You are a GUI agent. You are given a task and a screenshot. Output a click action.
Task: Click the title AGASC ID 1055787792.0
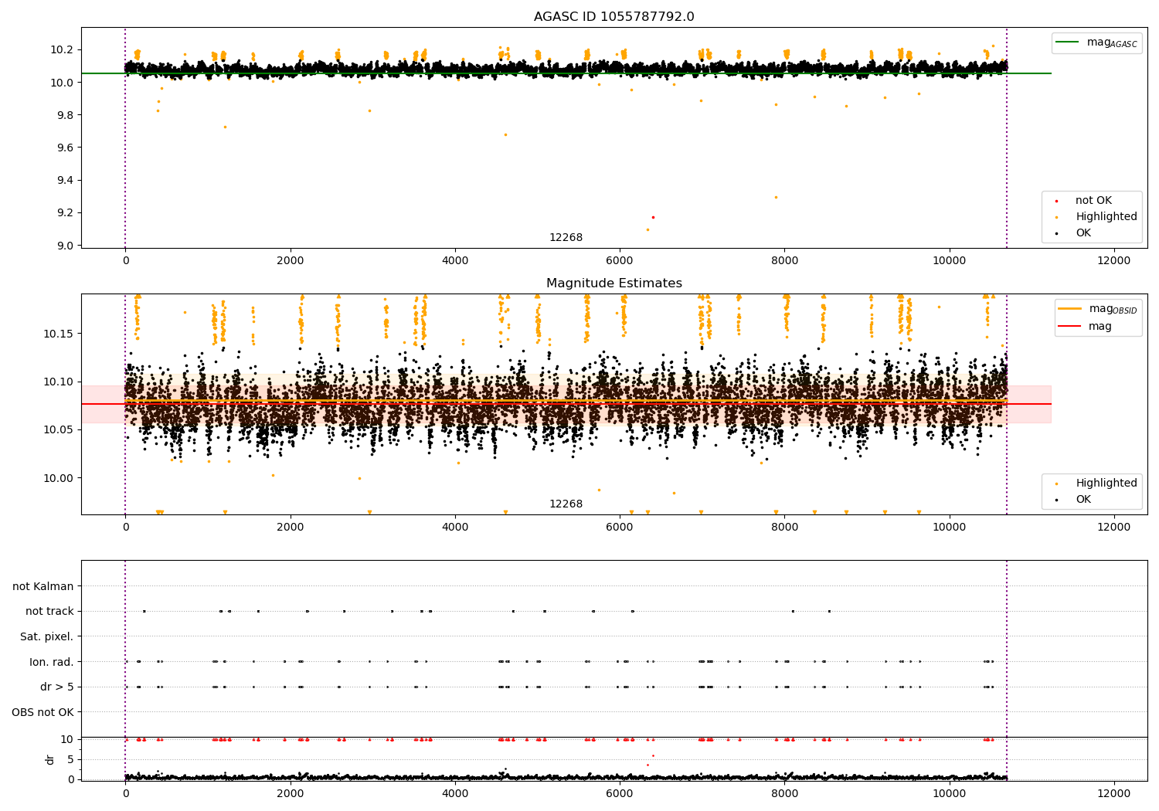tap(613, 17)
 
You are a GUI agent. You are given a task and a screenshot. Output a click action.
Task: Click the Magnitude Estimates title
tap(613, 283)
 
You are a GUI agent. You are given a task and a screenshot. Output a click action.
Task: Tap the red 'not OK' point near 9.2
tap(653, 217)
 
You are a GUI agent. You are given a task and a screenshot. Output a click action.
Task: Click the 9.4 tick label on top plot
tap(61, 180)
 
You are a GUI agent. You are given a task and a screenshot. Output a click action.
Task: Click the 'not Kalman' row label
tap(42, 586)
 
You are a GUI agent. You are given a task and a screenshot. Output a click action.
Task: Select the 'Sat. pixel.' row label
tap(46, 636)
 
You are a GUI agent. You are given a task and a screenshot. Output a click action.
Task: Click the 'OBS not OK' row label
tap(42, 712)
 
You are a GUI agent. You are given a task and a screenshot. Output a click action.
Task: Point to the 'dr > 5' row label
tap(56, 687)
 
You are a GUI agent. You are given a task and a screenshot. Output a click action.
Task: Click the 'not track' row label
tap(49, 611)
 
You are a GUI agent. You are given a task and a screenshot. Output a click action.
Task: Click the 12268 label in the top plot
tap(566, 238)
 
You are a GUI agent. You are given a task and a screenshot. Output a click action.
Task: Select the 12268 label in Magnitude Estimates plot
tap(566, 504)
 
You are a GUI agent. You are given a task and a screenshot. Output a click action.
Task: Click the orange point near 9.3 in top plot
tap(776, 197)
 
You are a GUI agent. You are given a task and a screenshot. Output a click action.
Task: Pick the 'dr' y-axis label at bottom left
tap(50, 759)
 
